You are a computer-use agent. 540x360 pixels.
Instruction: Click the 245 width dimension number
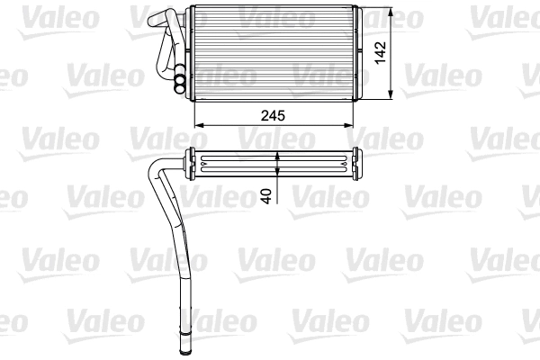click(273, 114)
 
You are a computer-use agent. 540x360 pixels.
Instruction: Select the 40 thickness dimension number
click(266, 195)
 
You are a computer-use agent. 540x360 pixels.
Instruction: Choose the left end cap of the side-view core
click(190, 164)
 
